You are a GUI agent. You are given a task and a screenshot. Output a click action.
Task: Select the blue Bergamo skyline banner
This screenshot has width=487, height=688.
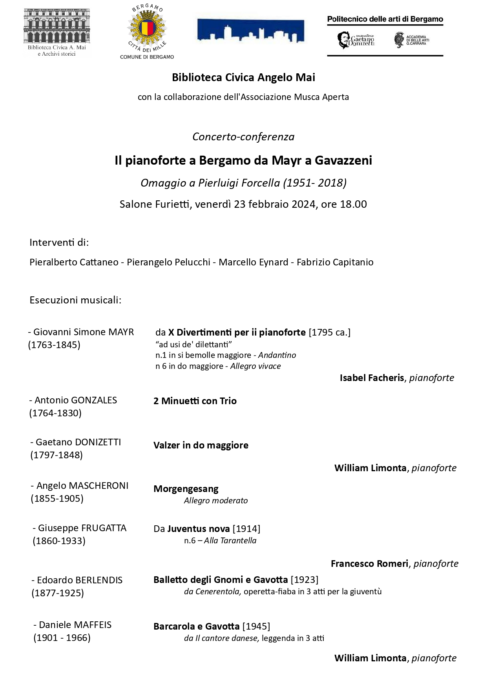250,31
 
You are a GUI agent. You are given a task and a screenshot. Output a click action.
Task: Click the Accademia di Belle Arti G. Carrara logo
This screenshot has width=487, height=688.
412,40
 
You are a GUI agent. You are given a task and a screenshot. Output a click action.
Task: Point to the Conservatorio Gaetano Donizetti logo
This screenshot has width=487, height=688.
356,40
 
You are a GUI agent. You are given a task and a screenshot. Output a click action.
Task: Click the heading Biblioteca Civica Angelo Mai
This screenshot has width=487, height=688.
243,78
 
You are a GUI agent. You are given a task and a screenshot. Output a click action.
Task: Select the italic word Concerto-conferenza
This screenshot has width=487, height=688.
243,137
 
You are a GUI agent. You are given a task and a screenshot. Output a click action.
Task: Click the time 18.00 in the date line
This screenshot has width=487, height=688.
354,204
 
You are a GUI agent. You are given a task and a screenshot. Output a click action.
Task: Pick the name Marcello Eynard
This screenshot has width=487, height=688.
253,262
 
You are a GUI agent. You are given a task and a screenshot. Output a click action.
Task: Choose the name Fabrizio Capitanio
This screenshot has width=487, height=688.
335,262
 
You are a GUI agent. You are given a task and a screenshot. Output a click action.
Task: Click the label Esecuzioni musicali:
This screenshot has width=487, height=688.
75,300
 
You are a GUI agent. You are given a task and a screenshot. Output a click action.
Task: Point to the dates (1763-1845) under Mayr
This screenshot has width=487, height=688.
54,345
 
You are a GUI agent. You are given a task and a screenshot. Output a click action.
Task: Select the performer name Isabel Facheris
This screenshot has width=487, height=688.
372,378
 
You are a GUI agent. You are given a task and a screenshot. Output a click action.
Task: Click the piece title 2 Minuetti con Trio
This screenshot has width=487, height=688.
195,401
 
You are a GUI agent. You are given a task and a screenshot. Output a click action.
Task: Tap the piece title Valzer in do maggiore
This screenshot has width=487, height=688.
201,445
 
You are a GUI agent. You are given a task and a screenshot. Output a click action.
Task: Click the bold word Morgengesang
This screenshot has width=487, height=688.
186,489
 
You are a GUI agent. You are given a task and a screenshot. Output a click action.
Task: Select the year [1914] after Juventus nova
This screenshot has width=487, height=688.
246,529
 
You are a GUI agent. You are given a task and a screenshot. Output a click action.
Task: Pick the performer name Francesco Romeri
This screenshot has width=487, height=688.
369,564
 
